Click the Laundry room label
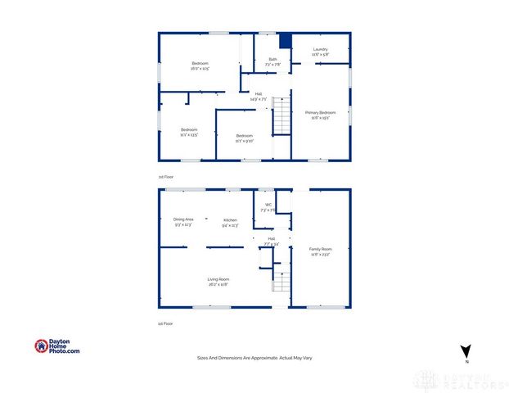coord(321,49)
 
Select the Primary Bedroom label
coord(320,112)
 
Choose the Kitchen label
coord(230,219)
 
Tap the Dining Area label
coord(182,219)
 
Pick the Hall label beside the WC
coord(272,238)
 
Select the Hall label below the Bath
coord(259,94)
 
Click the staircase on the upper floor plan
coord(281,115)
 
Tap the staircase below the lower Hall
coord(281,282)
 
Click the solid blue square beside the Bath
coord(285,41)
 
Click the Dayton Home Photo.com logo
coord(57,346)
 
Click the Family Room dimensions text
coord(320,254)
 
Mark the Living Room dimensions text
coord(218,285)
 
